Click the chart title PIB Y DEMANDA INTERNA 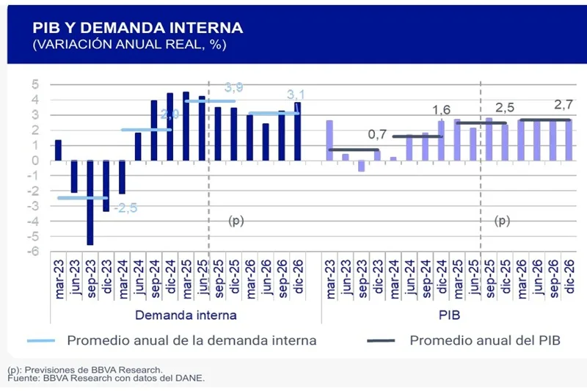pos(137,28)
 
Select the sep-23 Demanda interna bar pos(90,202)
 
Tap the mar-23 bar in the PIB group pos(329,140)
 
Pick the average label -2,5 pos(125,208)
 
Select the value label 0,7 pos(376,135)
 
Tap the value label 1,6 pos(441,110)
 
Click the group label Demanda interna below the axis pos(186,315)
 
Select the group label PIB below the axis pos(448,315)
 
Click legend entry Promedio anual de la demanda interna pos(192,340)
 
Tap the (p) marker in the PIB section pos(503,220)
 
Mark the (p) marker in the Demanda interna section pos(236,220)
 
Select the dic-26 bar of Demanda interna pos(297,132)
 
